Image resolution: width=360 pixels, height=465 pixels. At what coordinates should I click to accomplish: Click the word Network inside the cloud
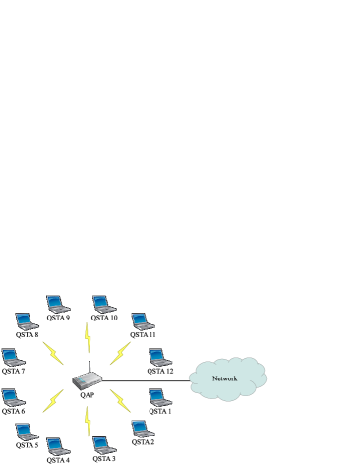pyautogui.click(x=225, y=378)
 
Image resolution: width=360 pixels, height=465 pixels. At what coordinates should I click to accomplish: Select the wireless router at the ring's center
pyautogui.click(x=87, y=382)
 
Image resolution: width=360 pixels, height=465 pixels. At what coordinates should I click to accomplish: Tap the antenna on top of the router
pyautogui.click(x=88, y=367)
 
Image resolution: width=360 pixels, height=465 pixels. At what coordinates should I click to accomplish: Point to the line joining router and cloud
pyautogui.click(x=148, y=380)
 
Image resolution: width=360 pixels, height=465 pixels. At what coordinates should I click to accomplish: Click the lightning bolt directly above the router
pyautogui.click(x=88, y=337)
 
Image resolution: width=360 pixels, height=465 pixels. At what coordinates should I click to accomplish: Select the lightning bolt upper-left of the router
pyautogui.click(x=52, y=352)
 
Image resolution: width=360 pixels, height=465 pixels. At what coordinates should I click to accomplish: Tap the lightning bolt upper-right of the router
pyautogui.click(x=120, y=352)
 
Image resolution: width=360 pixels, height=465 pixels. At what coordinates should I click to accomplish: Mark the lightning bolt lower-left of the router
pyautogui.click(x=52, y=401)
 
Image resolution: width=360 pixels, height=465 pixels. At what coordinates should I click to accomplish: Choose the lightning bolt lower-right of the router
pyautogui.click(x=120, y=401)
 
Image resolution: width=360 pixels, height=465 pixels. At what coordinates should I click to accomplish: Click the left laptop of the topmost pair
pyautogui.click(x=57, y=303)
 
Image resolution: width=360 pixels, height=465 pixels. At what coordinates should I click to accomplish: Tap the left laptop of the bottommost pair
pyautogui.click(x=57, y=445)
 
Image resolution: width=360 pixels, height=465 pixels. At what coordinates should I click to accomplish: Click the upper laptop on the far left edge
pyautogui.click(x=12, y=356)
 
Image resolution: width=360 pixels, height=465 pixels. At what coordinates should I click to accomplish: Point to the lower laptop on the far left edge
pyautogui.click(x=12, y=397)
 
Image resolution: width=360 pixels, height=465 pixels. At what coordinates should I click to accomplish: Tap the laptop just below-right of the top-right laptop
pyautogui.click(x=143, y=320)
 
